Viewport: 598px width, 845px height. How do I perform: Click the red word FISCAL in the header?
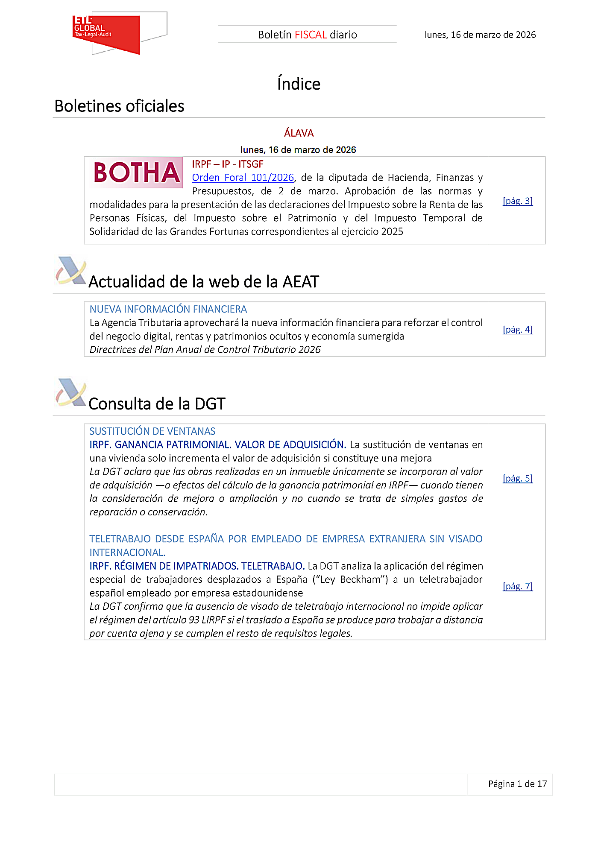311,35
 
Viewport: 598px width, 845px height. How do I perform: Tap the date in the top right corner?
480,35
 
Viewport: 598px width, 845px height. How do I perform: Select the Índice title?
299,84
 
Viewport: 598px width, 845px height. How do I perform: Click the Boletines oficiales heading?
120,106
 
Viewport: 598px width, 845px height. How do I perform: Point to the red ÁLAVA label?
299,133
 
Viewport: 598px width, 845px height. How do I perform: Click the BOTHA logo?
136,173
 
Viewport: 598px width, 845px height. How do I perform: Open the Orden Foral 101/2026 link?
243,178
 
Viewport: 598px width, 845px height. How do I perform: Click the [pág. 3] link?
517,201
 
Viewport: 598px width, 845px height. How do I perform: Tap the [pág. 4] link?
517,329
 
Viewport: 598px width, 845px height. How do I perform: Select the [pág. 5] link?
517,478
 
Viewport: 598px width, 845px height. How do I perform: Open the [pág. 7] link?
517,586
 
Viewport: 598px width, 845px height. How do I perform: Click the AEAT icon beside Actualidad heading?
71,271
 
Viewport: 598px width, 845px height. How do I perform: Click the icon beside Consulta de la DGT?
71,392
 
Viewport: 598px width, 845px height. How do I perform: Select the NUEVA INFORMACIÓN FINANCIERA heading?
168,309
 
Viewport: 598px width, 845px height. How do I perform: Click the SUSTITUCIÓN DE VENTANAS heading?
152,431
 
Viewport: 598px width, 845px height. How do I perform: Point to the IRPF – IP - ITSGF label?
228,164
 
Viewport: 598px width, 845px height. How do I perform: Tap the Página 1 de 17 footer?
517,784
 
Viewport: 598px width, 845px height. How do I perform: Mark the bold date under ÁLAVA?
298,150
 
